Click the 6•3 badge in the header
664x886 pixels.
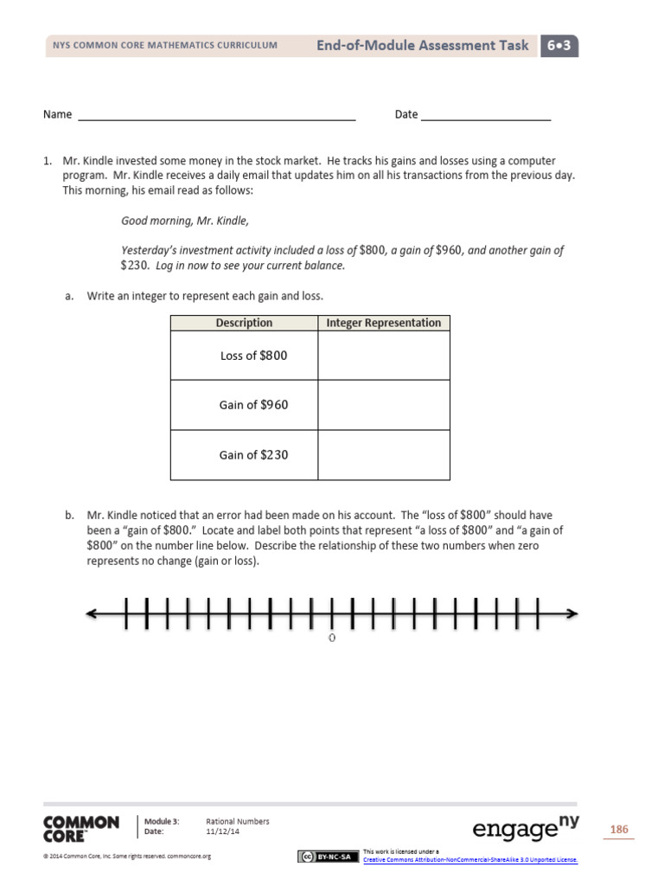(x=559, y=46)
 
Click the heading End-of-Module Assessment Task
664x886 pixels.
(x=422, y=46)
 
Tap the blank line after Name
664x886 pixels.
(x=217, y=116)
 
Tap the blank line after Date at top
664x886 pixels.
(x=486, y=116)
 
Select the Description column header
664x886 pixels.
(x=244, y=323)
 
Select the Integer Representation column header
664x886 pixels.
(x=383, y=323)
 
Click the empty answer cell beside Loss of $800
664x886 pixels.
(x=383, y=356)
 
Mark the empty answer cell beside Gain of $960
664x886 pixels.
(x=383, y=405)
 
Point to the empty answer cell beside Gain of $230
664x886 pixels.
(x=383, y=454)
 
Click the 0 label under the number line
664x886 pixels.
(x=332, y=639)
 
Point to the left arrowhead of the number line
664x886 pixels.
(x=92, y=614)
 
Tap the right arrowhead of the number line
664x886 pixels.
(x=571, y=614)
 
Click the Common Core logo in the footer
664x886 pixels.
(x=80, y=828)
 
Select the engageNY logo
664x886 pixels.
(x=526, y=828)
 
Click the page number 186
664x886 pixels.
(x=619, y=830)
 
